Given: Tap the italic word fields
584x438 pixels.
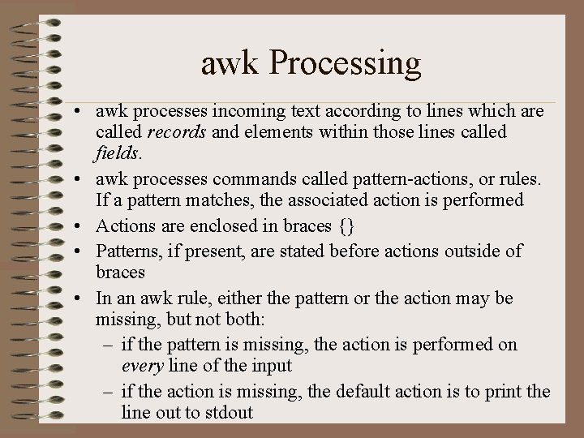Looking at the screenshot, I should pos(118,152).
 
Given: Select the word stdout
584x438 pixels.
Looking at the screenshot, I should pos(227,411).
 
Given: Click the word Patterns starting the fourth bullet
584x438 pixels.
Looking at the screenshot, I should pos(130,251).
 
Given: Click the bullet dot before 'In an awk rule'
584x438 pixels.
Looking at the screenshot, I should pos(75,298).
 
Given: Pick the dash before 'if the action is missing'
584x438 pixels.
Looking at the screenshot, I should pos(109,392).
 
